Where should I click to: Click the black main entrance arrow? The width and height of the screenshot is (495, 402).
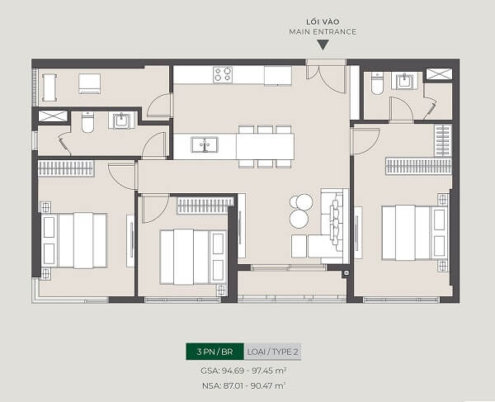point(323,45)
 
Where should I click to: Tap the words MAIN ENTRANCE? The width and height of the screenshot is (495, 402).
point(323,32)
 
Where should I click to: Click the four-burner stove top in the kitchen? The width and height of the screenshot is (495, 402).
point(223,75)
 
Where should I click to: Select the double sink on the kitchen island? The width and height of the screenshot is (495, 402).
point(205,144)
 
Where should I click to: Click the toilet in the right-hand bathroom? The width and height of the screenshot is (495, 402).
point(377,83)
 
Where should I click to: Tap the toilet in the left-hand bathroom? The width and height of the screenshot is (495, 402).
point(87,122)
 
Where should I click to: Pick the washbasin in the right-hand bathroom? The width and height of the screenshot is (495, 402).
point(403,81)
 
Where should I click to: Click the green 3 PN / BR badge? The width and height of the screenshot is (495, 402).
point(214,352)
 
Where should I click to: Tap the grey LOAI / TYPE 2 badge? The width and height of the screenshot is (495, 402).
point(272,352)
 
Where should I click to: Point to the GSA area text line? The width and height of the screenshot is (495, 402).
point(243,371)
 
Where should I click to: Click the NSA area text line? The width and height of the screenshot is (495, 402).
point(243,385)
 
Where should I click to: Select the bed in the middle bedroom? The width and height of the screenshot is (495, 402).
point(193,257)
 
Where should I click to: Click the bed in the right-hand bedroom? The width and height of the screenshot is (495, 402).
point(415,233)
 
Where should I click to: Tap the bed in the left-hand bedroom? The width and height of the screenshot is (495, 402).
point(74,241)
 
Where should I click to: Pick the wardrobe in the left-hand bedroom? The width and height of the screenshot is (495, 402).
point(66,168)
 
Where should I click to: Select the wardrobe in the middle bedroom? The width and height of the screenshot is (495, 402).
point(205,206)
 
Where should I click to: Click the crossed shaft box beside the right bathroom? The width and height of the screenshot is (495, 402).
point(439,74)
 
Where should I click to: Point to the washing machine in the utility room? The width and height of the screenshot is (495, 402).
point(89,83)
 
